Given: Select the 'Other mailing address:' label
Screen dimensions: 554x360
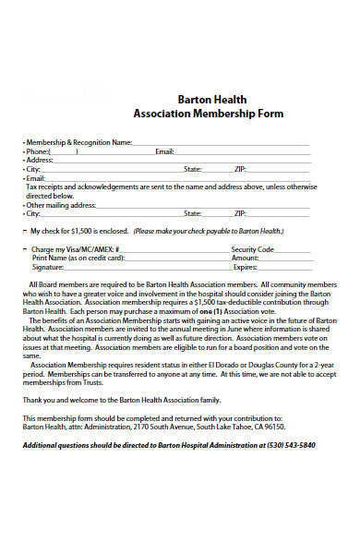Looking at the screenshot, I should [x=65, y=204].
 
